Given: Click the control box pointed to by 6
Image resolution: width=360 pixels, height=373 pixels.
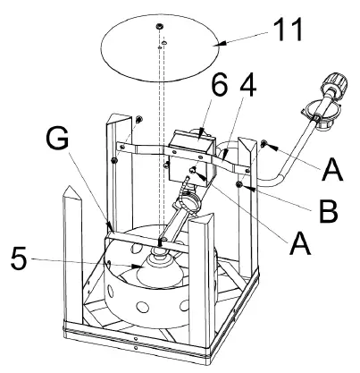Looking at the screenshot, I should (x=190, y=146).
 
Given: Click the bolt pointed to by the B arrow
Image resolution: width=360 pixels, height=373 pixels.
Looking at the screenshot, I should (x=241, y=184).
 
